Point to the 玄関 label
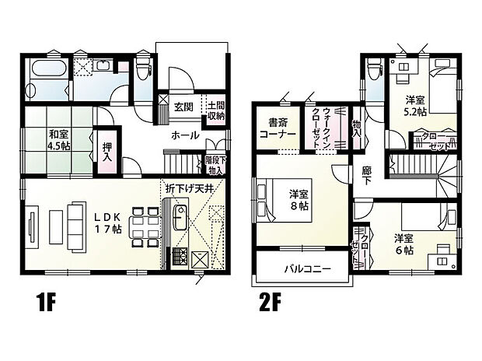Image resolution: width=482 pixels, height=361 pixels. (x=183, y=106)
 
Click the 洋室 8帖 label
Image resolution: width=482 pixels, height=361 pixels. (x=301, y=198)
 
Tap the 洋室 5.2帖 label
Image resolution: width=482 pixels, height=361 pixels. (x=414, y=105)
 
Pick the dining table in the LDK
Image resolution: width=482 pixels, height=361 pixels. (x=143, y=226)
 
